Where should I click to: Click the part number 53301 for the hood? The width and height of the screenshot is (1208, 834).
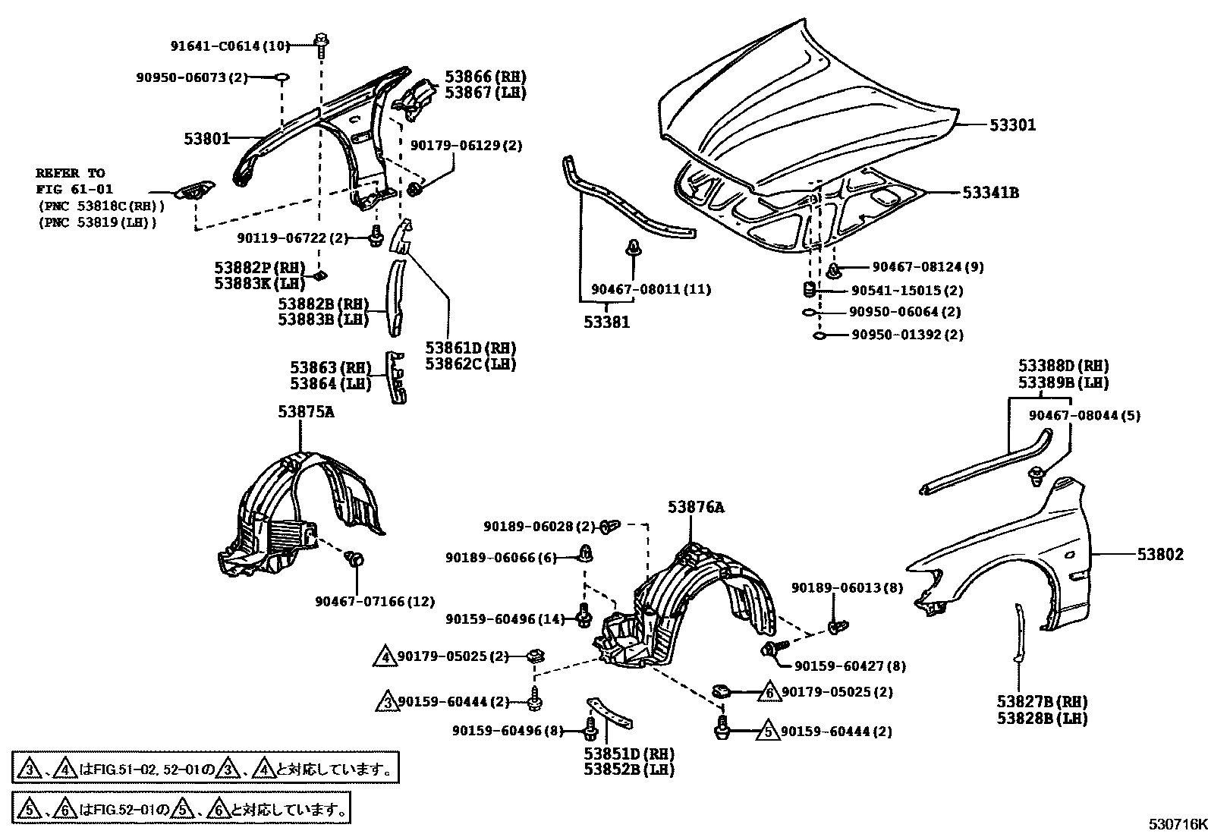point(1012,125)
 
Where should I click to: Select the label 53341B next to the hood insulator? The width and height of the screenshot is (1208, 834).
point(991,193)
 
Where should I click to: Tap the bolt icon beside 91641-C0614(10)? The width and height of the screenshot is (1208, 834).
point(321,41)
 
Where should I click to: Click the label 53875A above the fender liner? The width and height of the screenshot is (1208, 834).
point(306,412)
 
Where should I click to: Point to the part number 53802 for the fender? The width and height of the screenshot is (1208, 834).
point(1159,555)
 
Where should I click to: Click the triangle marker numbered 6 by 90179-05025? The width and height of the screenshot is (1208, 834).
point(769,692)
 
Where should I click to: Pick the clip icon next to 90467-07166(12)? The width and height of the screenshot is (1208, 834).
point(354,560)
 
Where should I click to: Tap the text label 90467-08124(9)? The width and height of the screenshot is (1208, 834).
point(917,267)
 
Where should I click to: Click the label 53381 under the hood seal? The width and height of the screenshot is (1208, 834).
point(606,323)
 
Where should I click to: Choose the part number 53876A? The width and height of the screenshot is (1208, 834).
point(696,508)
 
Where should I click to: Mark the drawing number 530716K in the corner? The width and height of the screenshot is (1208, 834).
point(1176,824)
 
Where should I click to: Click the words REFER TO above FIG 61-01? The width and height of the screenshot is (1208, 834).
point(71,173)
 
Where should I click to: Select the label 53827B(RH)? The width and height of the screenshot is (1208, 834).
point(1042,701)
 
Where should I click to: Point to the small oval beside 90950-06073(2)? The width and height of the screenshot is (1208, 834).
point(282,77)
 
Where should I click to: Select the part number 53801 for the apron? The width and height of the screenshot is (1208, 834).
point(206,139)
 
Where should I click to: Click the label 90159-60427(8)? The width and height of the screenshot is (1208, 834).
point(851,666)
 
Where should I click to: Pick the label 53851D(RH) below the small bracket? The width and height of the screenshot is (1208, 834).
point(629,754)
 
